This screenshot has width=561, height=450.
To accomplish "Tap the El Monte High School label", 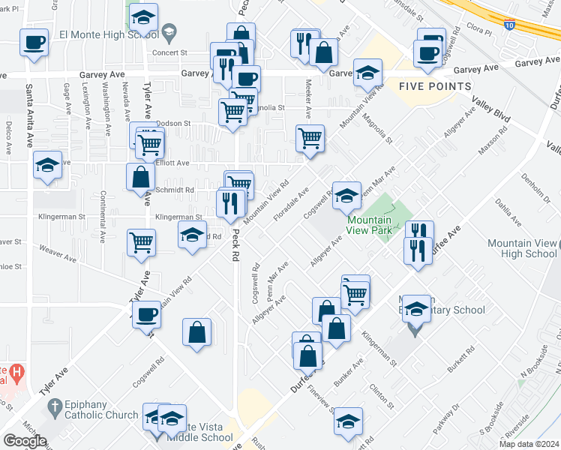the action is (x=108, y=33).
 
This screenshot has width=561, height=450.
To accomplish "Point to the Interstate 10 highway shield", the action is (x=510, y=25).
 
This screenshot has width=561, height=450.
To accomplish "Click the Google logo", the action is (x=25, y=441).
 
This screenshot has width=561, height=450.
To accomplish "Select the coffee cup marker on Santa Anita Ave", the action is (x=34, y=43).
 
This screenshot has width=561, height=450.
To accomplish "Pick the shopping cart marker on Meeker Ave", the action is (x=310, y=139).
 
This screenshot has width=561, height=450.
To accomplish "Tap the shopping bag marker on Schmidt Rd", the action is (x=141, y=178).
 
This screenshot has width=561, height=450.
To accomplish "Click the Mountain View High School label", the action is (x=522, y=248).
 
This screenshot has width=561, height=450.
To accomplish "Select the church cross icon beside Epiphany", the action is (x=53, y=408).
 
